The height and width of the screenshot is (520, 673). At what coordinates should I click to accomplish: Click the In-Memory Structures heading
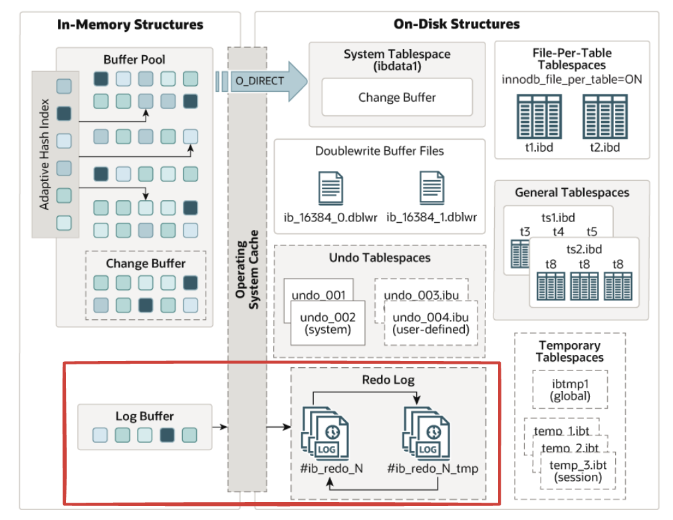[x=130, y=25]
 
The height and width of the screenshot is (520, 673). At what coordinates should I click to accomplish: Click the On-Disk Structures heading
[x=457, y=25]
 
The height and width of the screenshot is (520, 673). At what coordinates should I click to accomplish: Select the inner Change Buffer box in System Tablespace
[x=397, y=97]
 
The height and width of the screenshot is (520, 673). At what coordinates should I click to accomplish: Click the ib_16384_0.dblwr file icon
[x=331, y=188]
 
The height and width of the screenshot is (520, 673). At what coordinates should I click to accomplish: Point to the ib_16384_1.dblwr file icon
[x=432, y=188]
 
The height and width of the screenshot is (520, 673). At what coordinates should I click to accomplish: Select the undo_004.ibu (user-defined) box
[x=431, y=323]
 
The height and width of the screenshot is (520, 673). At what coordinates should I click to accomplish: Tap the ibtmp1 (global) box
[x=570, y=389]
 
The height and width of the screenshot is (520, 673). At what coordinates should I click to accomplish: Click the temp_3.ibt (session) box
[x=576, y=469]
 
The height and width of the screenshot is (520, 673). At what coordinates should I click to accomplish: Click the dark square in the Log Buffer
[x=168, y=436]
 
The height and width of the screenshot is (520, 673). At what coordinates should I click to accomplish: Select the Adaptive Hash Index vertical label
[x=45, y=154]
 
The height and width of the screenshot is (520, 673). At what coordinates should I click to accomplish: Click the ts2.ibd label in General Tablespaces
[x=583, y=249]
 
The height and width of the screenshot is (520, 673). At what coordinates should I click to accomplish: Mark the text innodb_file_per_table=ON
[x=571, y=80]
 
